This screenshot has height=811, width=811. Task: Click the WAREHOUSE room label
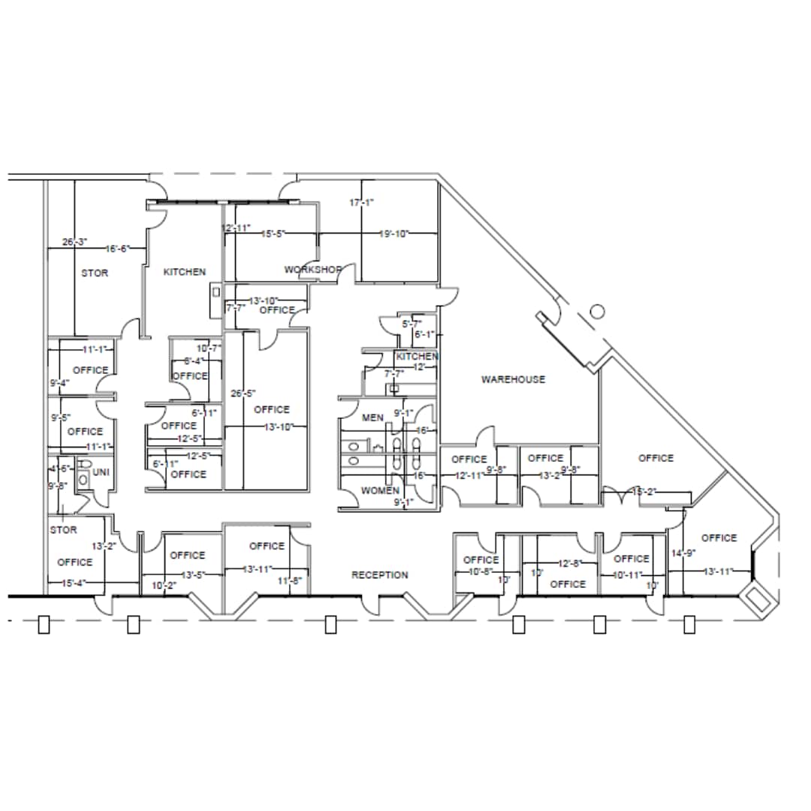point(513,379)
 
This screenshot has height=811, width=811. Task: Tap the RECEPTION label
point(380,575)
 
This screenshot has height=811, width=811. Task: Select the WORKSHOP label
point(313,270)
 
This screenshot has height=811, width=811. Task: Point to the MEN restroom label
point(373,418)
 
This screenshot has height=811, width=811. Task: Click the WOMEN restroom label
point(380,490)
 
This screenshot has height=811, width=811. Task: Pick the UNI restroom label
point(101,472)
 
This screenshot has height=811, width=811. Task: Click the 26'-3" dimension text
point(75,242)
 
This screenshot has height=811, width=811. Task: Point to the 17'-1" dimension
point(361,202)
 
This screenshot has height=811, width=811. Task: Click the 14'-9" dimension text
point(680,553)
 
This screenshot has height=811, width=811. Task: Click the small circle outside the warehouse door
point(598,311)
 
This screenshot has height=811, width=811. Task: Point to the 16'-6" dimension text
point(117,249)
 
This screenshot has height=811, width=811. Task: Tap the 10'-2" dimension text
point(163,585)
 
